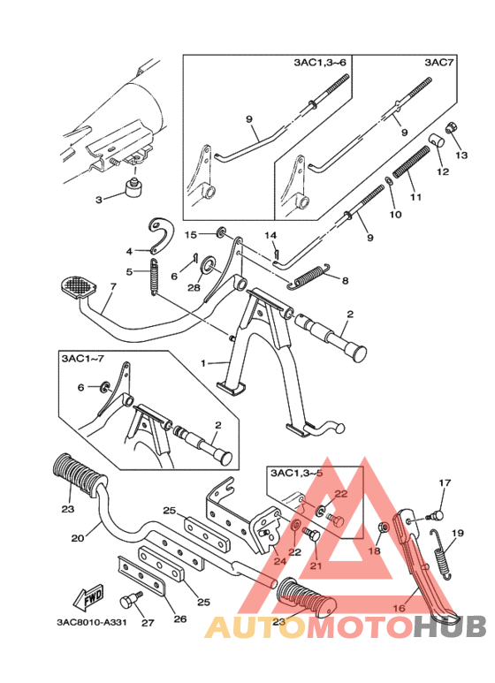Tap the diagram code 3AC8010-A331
[x=91, y=621]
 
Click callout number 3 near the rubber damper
[x=99, y=200]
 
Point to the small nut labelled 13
[x=450, y=129]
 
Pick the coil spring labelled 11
[x=412, y=162]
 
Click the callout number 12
[x=443, y=171]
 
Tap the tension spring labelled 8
[x=310, y=276]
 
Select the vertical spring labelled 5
[x=154, y=277]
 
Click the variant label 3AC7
[x=438, y=63]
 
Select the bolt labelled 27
[x=130, y=601]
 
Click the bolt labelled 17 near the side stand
[x=435, y=516]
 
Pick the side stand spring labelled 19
[x=441, y=553]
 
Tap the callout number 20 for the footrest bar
[x=78, y=538]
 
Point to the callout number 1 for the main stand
[x=203, y=363]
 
